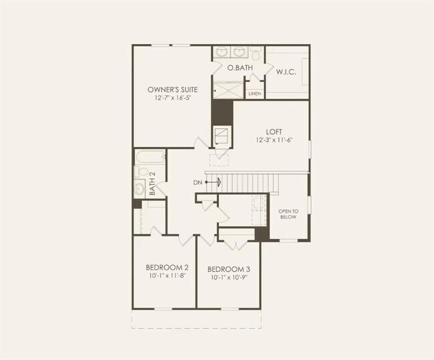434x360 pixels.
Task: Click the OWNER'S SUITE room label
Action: (x=172, y=89)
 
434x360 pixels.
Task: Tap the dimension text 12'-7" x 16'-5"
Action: (x=172, y=98)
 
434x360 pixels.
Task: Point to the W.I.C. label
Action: (x=286, y=71)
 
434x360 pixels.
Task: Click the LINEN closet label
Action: (x=254, y=94)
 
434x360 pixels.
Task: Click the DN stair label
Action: (x=198, y=182)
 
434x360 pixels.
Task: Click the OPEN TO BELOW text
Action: (x=288, y=214)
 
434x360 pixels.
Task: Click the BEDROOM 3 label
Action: (x=229, y=269)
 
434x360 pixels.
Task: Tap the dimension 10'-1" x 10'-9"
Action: (x=229, y=277)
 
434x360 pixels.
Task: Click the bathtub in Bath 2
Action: (x=150, y=158)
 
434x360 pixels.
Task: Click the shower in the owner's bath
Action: (x=228, y=89)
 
